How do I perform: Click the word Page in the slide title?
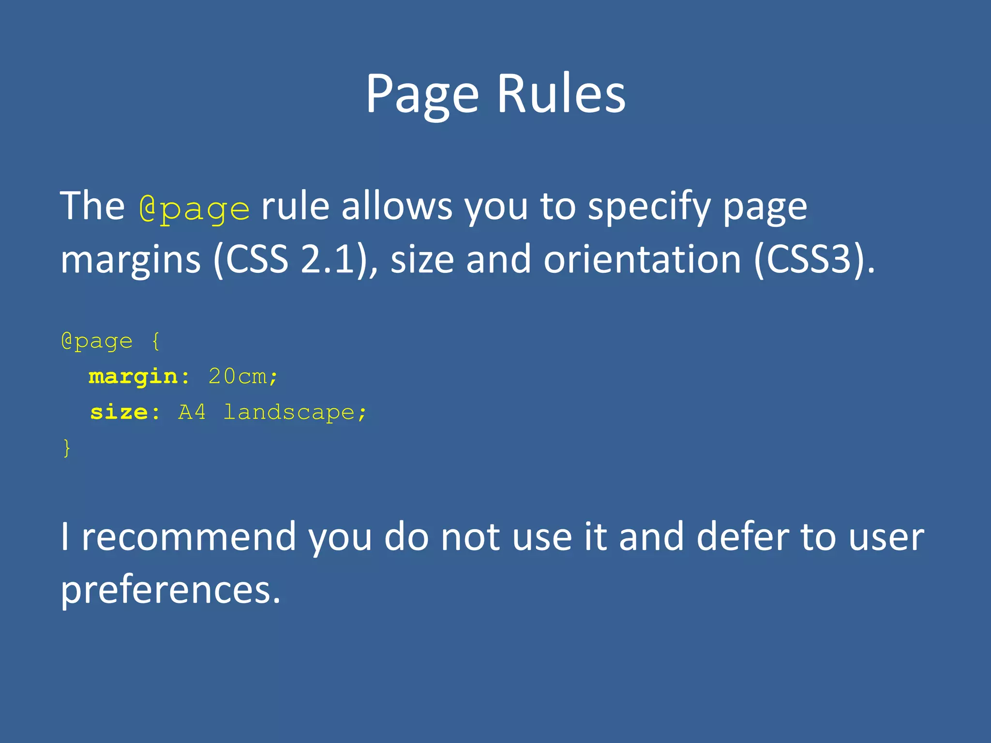422,94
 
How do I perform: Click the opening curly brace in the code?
155,342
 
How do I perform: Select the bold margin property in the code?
134,377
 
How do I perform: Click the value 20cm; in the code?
243,376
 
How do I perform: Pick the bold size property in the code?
119,412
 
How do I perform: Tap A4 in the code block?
192,412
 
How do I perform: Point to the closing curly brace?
67,448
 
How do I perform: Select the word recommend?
189,537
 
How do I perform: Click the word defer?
743,537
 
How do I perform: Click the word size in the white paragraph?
422,259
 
